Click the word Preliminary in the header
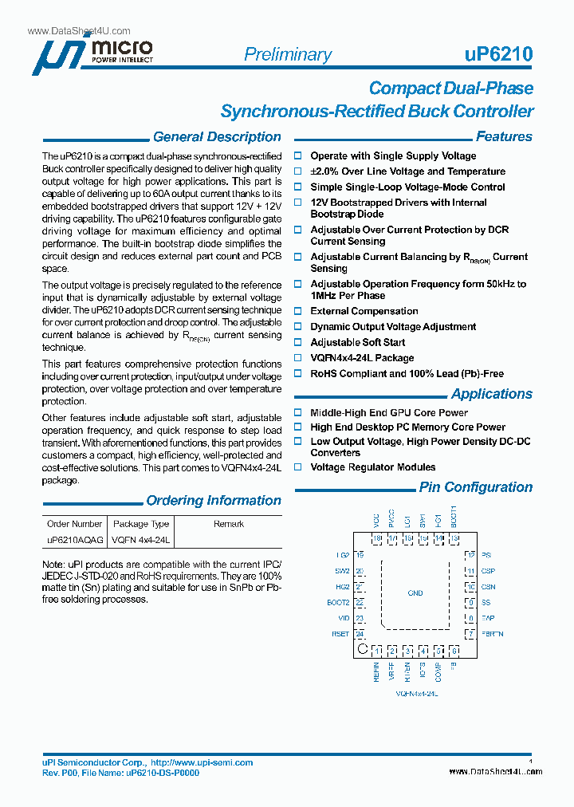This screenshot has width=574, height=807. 287,54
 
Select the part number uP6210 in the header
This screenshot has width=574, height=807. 498,54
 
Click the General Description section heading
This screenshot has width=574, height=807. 216,137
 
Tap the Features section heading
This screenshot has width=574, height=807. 504,137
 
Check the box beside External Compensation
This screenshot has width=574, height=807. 299,312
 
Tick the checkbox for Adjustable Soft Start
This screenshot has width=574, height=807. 299,343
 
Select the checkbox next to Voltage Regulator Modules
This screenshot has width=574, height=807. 299,467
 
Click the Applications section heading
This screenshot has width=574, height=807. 491,394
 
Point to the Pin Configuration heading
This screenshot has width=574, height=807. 476,487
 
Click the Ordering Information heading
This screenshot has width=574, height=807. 213,501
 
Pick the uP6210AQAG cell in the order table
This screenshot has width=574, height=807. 75,540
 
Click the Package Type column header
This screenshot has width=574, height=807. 141,524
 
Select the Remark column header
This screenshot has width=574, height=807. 229,524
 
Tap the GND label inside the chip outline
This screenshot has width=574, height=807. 415,593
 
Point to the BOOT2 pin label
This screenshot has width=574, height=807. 338,603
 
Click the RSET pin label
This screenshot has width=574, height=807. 340,634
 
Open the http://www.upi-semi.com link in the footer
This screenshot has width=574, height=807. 202,763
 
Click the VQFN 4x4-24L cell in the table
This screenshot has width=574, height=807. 141,540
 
